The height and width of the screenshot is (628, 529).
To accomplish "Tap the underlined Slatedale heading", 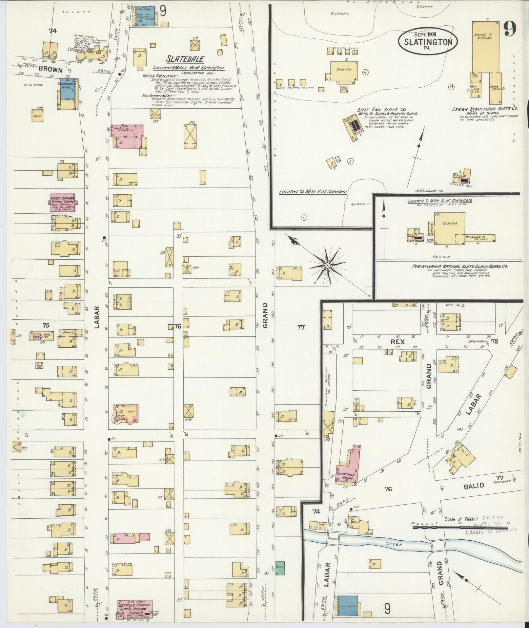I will (x=185, y=59).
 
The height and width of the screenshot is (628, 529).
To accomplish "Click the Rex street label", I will (x=397, y=341).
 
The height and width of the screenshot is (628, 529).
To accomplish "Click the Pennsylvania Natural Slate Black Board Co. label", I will (x=460, y=266).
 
